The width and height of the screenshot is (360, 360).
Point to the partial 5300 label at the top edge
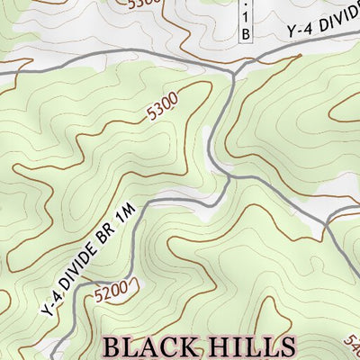point(144,4)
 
